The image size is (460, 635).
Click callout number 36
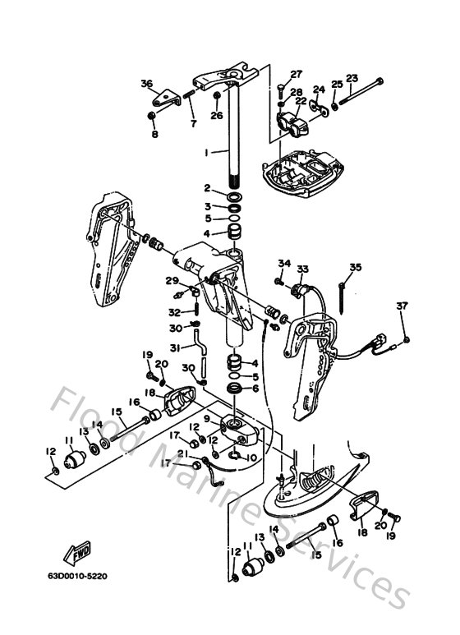point(147,83)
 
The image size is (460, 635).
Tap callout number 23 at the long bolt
point(352,78)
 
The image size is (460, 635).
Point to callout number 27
point(297,74)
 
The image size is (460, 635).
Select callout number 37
point(402,306)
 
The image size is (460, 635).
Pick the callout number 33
point(302,269)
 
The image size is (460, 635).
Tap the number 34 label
point(283,263)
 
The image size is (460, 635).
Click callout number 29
point(172,281)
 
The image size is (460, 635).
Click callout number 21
point(182,453)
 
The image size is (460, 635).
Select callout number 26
point(216,116)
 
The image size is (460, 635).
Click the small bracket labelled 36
point(170,98)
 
